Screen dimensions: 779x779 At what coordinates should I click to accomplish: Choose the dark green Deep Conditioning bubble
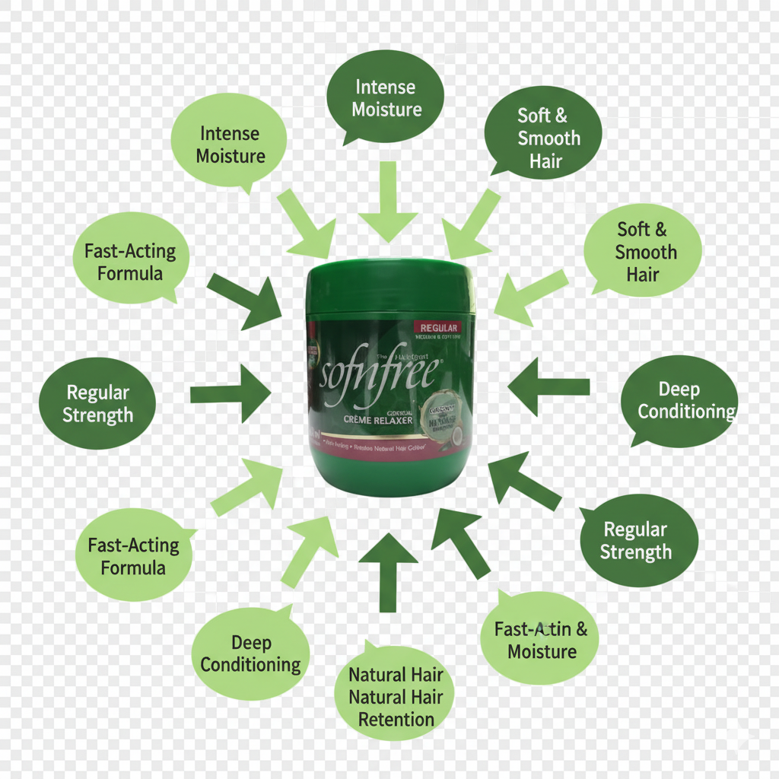pyautogui.click(x=679, y=401)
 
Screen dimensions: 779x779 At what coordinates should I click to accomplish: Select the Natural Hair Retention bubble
pyautogui.click(x=395, y=695)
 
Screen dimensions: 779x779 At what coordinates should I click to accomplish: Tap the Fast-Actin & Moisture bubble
pyautogui.click(x=540, y=639)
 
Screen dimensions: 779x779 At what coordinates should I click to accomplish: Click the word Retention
pyautogui.click(x=396, y=719)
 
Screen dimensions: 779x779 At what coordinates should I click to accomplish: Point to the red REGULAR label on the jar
pyautogui.click(x=439, y=327)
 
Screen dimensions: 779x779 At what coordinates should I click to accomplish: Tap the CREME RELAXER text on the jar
pyautogui.click(x=378, y=419)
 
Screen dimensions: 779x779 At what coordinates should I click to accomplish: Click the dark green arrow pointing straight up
pyautogui.click(x=388, y=571)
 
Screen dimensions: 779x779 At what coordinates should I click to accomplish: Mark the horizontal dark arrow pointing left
pyautogui.click(x=546, y=386)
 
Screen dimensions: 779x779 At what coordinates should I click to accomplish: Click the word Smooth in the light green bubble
pyautogui.click(x=646, y=252)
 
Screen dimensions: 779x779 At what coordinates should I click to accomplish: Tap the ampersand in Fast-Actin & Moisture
pyautogui.click(x=581, y=629)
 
